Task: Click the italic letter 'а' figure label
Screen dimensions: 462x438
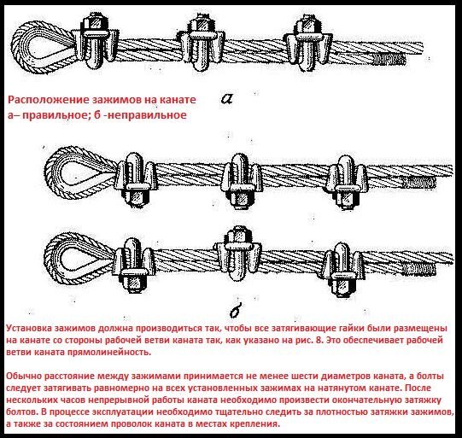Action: (227, 99)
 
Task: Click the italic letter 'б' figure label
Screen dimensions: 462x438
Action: (237, 311)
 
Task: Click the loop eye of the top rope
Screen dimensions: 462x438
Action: (18, 47)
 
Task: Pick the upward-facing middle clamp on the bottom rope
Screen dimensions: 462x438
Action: (238, 253)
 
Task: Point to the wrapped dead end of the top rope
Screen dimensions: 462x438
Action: (389, 61)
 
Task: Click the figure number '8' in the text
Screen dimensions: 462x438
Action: (322, 340)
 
